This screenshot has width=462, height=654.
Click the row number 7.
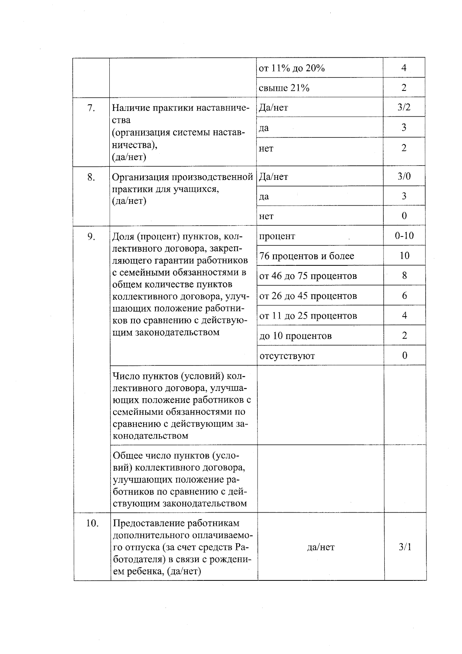pyautogui.click(x=91, y=108)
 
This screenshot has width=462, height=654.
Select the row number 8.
pyautogui.click(x=91, y=177)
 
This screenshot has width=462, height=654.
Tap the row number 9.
pyautogui.click(x=91, y=236)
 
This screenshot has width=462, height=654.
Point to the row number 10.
pyautogui.click(x=92, y=523)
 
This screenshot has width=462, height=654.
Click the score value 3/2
pyautogui.click(x=404, y=107)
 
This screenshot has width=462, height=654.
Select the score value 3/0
pyautogui.click(x=404, y=176)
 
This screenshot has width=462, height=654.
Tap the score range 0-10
pyautogui.click(x=404, y=236)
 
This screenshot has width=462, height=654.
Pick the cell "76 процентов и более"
pyautogui.click(x=306, y=256)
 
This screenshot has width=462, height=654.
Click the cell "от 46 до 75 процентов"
pyautogui.click(x=308, y=276)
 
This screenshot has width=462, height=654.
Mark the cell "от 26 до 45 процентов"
pyautogui.click(x=308, y=296)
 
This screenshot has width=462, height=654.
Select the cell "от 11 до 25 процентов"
pyautogui.click(x=308, y=316)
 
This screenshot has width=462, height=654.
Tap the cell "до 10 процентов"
pyautogui.click(x=295, y=336)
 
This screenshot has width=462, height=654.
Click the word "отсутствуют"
pyautogui.click(x=287, y=356)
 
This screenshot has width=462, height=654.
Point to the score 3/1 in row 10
pyautogui.click(x=405, y=547)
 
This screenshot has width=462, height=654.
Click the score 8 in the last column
pyautogui.click(x=404, y=276)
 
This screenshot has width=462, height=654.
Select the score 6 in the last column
pyautogui.click(x=404, y=296)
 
